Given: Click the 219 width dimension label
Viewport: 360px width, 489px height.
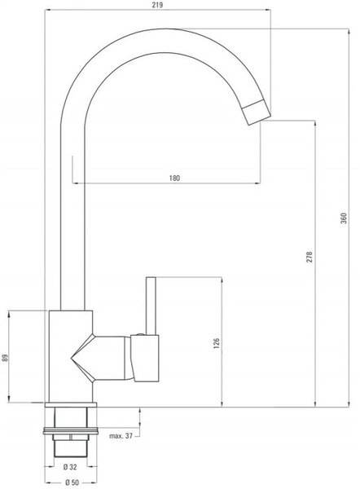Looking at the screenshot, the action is (x=157, y=5).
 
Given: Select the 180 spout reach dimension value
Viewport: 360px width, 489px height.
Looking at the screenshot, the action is (x=174, y=178).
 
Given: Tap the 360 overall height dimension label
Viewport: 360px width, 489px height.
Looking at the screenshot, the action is (x=344, y=218).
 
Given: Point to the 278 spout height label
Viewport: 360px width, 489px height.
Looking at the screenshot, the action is (x=310, y=257).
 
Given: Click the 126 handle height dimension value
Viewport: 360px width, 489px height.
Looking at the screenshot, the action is (x=217, y=343).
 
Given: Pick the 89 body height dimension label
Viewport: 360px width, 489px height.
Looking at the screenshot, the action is (x=5, y=358).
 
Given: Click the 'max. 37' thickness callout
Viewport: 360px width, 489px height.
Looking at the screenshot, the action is (x=121, y=436).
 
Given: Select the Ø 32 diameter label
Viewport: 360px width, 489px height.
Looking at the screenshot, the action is (x=70, y=467).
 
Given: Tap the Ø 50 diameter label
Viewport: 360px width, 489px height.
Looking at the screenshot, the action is (x=72, y=482).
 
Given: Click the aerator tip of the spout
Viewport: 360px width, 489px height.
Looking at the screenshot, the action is (x=257, y=112).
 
